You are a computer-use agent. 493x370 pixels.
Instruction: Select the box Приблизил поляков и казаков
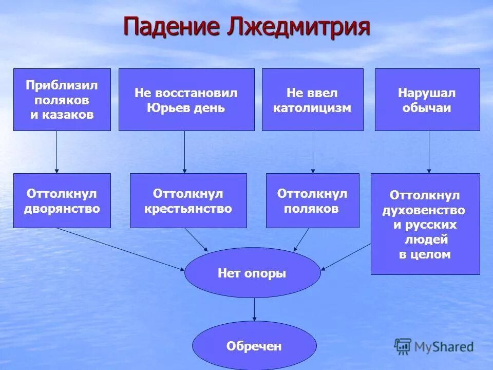pos(62,100)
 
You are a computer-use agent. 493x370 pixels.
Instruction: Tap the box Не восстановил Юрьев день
pos(186,100)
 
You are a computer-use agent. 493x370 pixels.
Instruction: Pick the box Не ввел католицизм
pos(312,100)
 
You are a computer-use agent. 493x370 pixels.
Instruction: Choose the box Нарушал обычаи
pos(427,100)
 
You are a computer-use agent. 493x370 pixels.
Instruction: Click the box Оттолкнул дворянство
pos(62,200)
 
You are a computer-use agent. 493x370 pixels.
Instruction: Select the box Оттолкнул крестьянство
pos(188,200)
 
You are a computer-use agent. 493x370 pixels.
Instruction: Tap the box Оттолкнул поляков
pos(312,200)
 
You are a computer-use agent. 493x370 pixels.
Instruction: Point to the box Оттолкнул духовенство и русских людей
pos(425,224)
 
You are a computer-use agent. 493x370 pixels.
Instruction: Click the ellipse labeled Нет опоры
pos(252,273)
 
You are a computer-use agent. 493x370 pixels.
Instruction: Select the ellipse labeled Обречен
pos(254,346)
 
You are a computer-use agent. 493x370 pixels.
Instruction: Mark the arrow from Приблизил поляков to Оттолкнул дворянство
pos(56,152)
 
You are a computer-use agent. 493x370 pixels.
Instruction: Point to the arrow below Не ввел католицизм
pos(313,152)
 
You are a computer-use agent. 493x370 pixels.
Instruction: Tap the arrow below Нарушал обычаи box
pos(429,152)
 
